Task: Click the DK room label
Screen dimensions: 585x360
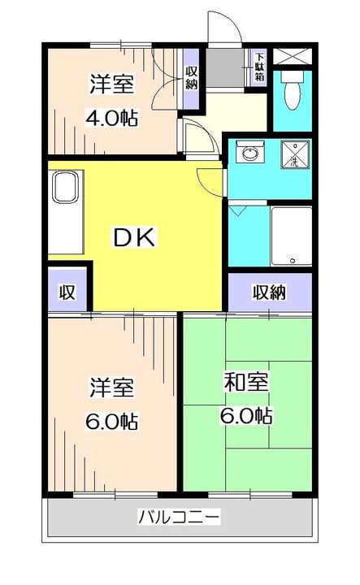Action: click(133, 238)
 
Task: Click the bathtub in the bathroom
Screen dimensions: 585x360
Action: click(290, 235)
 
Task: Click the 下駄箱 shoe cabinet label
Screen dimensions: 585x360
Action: click(259, 67)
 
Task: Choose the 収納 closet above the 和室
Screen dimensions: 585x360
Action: click(269, 292)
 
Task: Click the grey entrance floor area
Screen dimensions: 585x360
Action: click(226, 69)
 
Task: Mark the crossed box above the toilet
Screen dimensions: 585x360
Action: click(292, 57)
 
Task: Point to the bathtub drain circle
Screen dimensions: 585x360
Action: click(291, 261)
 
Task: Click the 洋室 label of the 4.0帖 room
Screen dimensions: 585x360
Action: click(111, 84)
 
